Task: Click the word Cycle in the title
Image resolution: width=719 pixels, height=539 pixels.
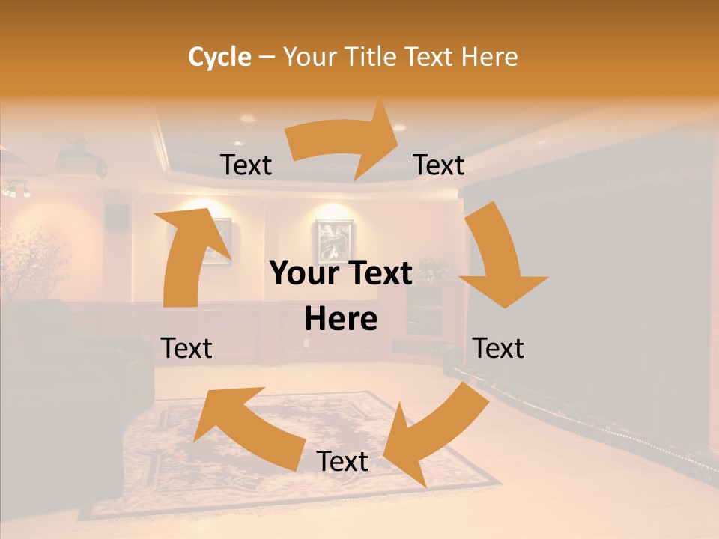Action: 219,57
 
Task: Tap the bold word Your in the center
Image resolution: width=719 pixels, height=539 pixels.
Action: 306,274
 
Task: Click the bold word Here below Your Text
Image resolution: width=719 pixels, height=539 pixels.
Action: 341,320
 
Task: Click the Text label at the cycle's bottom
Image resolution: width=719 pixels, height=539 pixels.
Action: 342,461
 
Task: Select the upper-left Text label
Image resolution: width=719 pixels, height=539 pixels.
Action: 246,165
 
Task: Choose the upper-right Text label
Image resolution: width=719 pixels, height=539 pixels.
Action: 439,165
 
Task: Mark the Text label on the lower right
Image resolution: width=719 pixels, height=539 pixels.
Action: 498,348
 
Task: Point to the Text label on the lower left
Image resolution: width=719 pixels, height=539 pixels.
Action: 186,348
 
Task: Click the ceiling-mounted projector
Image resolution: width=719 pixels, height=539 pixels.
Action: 81,158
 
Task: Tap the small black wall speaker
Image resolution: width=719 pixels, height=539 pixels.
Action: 116,216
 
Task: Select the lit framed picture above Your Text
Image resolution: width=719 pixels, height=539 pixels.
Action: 333,240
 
